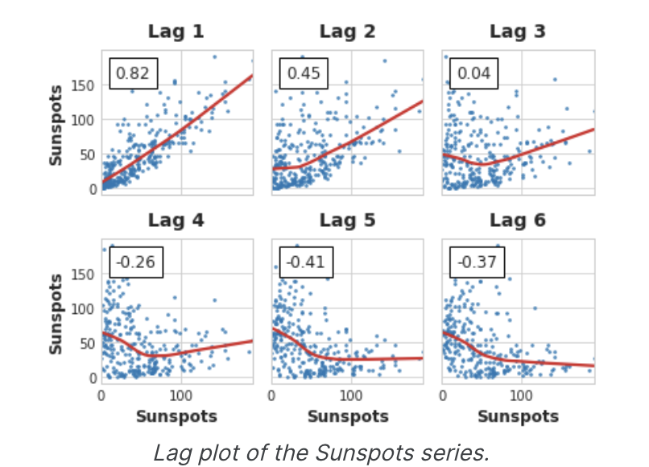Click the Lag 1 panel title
coord(176,31)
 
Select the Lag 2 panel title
coord(347,31)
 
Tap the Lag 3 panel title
coord(518,31)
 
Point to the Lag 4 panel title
coord(176,220)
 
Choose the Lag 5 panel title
coord(347,220)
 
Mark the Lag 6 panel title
coord(518,220)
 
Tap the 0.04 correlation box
coord(473,73)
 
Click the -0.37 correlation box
coord(477,262)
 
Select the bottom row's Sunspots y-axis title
coord(56,313)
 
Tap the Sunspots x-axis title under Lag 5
coord(347,416)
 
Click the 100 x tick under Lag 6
coord(522,396)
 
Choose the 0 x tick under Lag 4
coord(101,396)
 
